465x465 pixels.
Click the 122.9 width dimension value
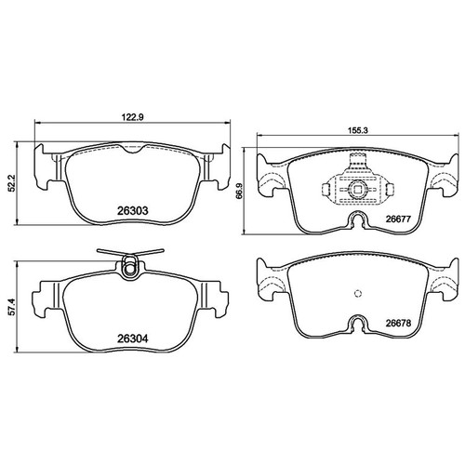133,117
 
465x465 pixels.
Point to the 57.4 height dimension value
11,307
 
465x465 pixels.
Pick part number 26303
133,211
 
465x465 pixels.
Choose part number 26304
133,339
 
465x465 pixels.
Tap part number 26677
398,219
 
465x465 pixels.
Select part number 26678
398,324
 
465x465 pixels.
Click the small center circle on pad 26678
358,293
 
